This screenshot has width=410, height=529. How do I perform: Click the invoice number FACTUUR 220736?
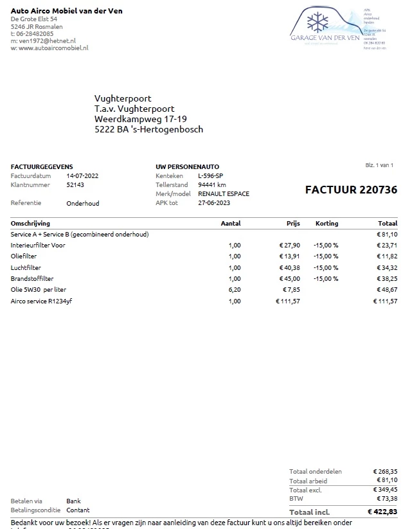351,190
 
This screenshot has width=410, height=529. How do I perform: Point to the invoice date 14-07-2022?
82,175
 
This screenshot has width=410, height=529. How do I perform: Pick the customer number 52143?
75,184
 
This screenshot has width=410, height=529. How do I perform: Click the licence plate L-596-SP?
211,175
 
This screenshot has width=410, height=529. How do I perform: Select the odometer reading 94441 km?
212,184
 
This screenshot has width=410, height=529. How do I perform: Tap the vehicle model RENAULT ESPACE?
224,193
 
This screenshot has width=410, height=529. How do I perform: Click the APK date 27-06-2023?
213,202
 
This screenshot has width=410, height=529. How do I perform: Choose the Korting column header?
326,223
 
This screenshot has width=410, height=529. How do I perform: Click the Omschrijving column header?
30,223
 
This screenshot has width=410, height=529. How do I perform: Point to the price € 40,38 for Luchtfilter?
289,267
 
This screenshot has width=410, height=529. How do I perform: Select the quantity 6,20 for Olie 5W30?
235,290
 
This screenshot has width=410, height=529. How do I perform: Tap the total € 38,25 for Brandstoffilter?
386,278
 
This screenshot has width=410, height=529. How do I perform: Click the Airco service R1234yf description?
42,301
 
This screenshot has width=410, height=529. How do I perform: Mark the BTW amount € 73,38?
386,498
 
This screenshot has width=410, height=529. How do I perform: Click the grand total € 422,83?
382,512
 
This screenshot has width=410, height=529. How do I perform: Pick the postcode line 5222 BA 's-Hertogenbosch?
148,129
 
